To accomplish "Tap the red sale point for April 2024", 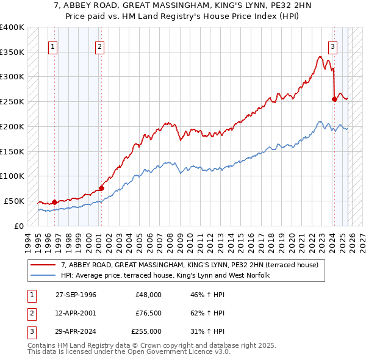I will coord(334,99).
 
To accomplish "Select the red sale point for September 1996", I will coord(54,202).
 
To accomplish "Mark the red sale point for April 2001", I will coord(101,188).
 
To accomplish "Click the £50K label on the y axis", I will coord(14,201).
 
